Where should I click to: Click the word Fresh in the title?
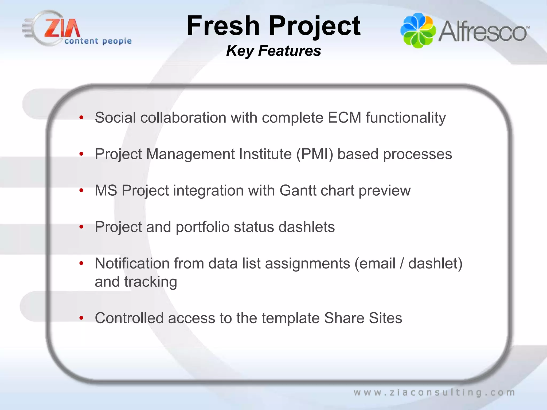223,26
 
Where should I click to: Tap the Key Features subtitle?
273,51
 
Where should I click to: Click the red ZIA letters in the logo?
62,28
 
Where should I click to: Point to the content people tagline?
98,41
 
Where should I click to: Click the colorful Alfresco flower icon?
418,30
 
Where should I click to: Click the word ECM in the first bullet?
344,118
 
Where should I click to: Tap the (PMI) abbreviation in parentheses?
315,154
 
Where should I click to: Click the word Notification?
132,263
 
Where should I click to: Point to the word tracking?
150,282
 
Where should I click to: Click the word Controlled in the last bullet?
129,318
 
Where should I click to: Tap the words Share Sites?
363,318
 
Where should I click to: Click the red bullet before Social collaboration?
81,117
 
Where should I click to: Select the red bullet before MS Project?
81,190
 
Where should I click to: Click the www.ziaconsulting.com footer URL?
434,392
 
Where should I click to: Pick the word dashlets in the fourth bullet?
306,227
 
